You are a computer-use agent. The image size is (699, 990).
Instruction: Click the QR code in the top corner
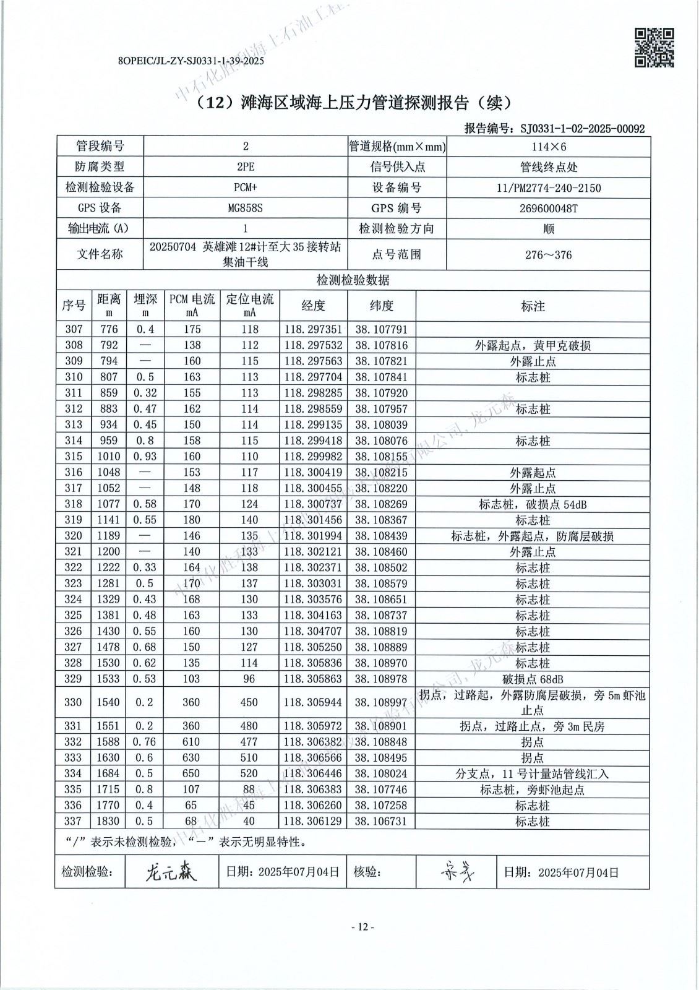[x=654, y=47]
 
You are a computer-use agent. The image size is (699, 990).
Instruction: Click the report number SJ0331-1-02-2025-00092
[x=582, y=129]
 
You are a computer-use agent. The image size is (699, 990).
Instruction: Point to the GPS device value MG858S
[x=245, y=208]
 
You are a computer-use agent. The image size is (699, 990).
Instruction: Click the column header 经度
[x=313, y=305]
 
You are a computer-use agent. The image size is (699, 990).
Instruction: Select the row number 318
[x=74, y=504]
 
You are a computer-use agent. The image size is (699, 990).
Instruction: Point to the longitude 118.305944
[x=313, y=702]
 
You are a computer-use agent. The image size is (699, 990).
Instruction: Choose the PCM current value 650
[x=192, y=773]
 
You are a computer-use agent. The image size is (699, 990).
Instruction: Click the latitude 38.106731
[x=381, y=821]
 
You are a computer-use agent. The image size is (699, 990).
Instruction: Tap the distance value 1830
[x=109, y=821]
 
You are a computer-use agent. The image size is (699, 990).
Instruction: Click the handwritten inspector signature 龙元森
[x=171, y=872]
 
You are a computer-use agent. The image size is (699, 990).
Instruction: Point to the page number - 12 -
[x=362, y=926]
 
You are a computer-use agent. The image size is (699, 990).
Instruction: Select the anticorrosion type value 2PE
[x=245, y=167]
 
